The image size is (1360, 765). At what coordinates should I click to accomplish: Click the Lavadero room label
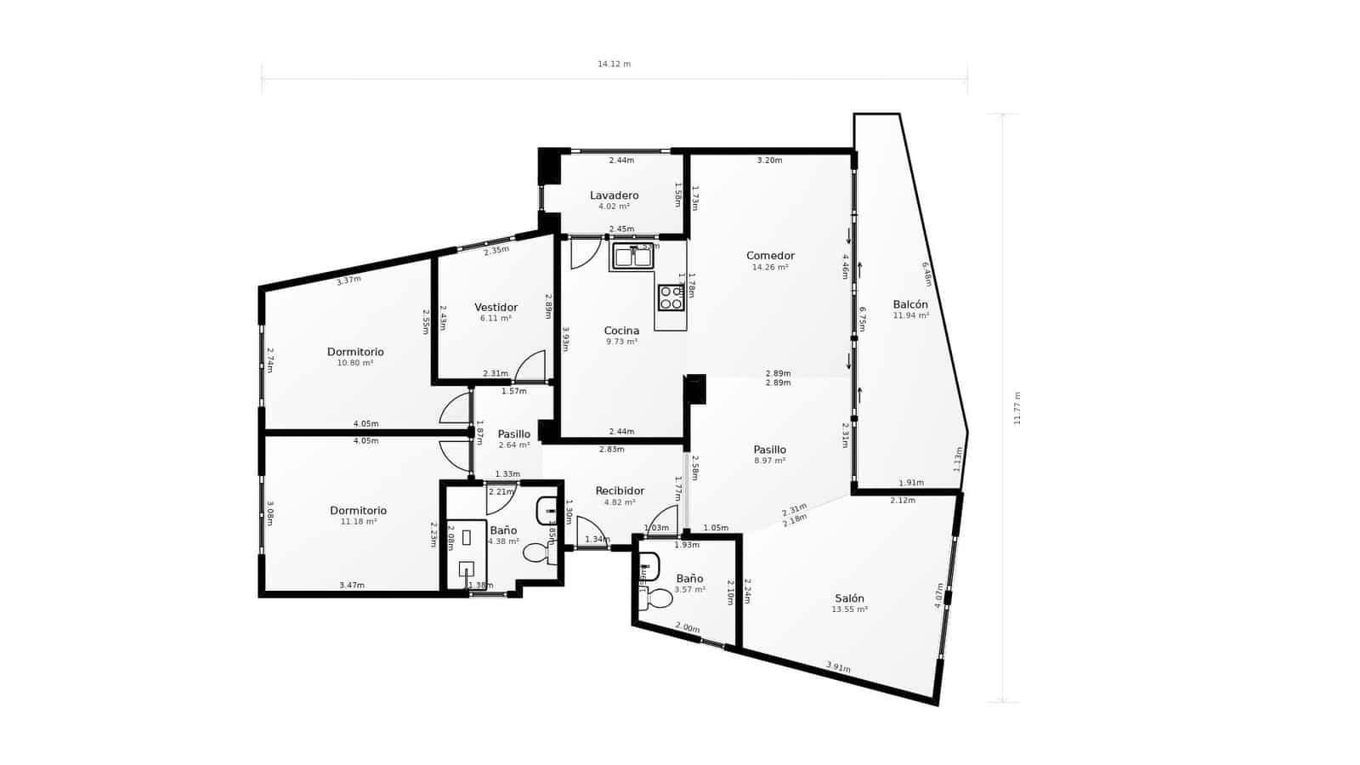coord(614,195)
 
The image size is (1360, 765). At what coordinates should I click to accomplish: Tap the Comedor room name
coord(770,256)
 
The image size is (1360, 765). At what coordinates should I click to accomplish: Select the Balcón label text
coord(910,304)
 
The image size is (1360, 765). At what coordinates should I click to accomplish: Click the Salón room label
coord(849,598)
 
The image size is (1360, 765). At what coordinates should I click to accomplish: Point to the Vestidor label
coord(496,308)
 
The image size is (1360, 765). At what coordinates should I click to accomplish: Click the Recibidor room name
coord(620,491)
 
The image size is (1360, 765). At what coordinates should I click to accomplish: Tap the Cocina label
coord(621,331)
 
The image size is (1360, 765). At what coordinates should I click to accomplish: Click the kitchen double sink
coord(632,256)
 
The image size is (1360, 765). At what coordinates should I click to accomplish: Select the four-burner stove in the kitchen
coord(671,297)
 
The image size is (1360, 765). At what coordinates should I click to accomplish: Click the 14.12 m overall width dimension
coord(614,65)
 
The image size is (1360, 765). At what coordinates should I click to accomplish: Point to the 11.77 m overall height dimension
coord(1017,408)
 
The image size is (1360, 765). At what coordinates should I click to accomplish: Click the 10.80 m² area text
coord(355,363)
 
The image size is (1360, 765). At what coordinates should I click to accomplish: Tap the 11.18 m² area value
coord(358,522)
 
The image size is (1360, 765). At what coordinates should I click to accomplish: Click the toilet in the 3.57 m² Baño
coord(658,599)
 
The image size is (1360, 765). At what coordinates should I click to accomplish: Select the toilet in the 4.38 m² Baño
coord(538,553)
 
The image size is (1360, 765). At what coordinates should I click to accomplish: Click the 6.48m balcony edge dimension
coord(926,274)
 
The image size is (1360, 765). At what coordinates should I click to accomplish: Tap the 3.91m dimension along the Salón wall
coord(838,668)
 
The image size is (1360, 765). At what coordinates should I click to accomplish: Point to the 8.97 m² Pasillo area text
coord(769,461)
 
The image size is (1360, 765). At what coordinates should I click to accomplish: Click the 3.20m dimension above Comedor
coord(769,161)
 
